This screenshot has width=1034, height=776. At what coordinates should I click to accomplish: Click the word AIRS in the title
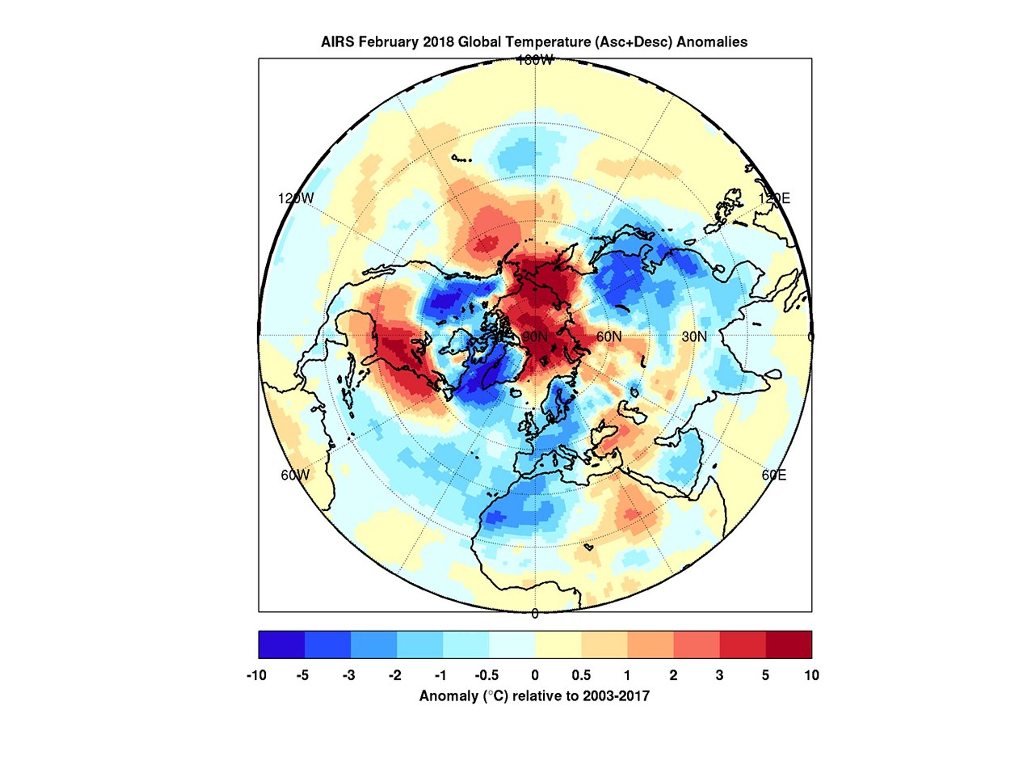tap(337, 42)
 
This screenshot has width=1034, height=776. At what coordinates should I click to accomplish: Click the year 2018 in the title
tap(438, 42)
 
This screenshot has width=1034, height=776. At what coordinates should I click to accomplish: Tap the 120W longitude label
tap(296, 198)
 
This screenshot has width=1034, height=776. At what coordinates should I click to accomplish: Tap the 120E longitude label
tap(774, 198)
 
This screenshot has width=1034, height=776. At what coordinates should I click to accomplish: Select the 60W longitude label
tap(295, 475)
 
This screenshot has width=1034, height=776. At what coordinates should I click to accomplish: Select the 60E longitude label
tap(774, 475)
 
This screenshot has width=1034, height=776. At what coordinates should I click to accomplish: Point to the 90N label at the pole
tap(535, 337)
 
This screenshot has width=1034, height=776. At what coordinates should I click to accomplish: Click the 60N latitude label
tap(609, 337)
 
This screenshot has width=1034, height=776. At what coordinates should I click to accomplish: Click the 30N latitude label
tap(694, 337)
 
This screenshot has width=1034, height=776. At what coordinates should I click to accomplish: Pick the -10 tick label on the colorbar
tap(256, 676)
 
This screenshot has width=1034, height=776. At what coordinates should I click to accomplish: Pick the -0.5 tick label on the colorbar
tap(486, 676)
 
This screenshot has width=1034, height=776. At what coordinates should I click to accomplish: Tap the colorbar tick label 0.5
tap(581, 676)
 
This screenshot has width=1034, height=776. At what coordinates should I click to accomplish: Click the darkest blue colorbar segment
tap(281, 645)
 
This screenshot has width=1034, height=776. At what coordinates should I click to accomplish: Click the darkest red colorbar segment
tap(788, 645)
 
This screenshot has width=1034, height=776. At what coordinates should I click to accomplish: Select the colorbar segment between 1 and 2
tap(650, 645)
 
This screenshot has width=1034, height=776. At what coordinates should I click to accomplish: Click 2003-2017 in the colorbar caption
tap(616, 696)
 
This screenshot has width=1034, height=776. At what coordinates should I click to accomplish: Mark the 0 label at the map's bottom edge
tap(535, 614)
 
